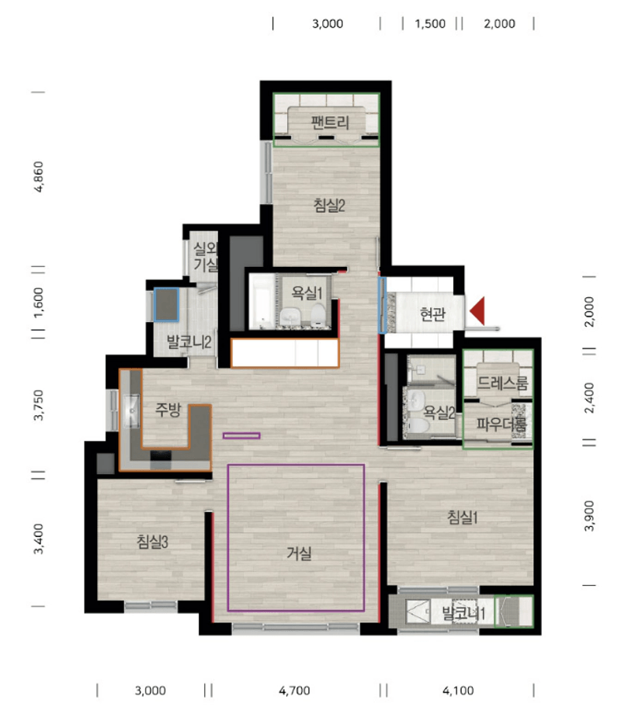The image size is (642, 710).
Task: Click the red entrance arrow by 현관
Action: point(477,311)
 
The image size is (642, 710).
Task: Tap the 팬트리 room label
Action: point(330,123)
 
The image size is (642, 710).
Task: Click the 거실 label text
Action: point(299,553)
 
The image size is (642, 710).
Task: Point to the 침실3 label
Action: point(152,541)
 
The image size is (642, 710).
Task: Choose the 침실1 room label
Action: point(463,517)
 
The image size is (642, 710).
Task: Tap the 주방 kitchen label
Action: point(168,410)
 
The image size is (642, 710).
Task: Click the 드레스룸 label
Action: point(503,383)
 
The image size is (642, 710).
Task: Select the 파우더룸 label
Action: point(502,424)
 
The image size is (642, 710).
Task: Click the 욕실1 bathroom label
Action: point(307,293)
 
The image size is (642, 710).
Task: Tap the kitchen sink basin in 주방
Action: point(131,410)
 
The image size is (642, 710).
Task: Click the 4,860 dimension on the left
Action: point(39,177)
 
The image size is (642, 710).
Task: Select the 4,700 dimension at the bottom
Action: point(294,691)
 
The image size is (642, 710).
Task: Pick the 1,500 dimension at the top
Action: point(430,23)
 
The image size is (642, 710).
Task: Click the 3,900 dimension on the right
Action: point(589,516)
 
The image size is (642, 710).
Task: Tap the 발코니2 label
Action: point(189,342)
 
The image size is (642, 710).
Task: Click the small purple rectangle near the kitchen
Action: point(241,435)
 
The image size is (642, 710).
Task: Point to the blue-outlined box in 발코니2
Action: point(166,305)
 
